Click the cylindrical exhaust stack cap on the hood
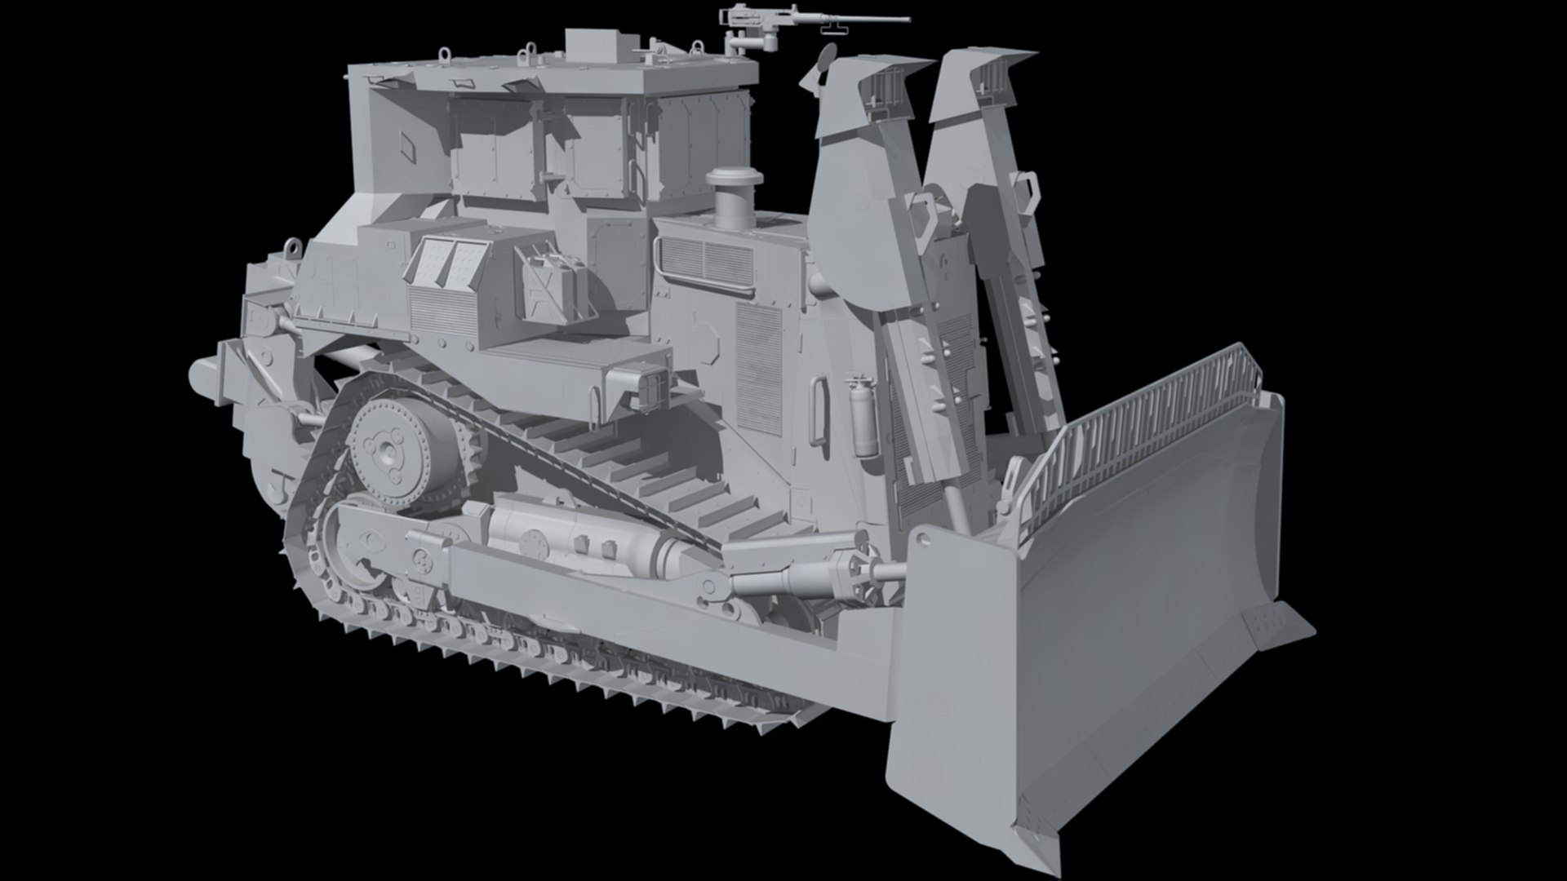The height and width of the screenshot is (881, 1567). point(733,180)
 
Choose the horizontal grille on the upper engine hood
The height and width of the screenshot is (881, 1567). point(707,258)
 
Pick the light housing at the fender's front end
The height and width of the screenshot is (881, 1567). point(653,388)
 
